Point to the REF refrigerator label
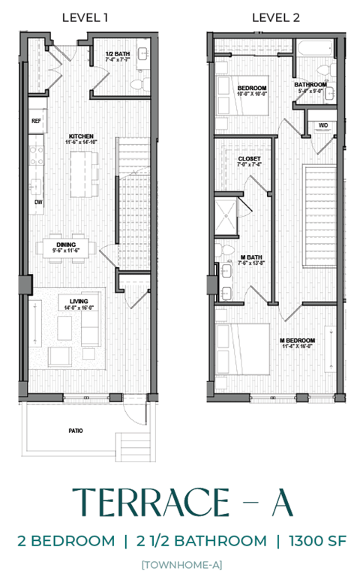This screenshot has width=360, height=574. pos(36,120)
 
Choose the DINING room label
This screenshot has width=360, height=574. pos(66,244)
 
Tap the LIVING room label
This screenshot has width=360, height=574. pos(79,302)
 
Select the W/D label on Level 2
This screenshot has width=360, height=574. pos(323,125)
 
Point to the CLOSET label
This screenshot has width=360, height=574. pos(249,159)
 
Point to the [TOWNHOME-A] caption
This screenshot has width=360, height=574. pos(180,563)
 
